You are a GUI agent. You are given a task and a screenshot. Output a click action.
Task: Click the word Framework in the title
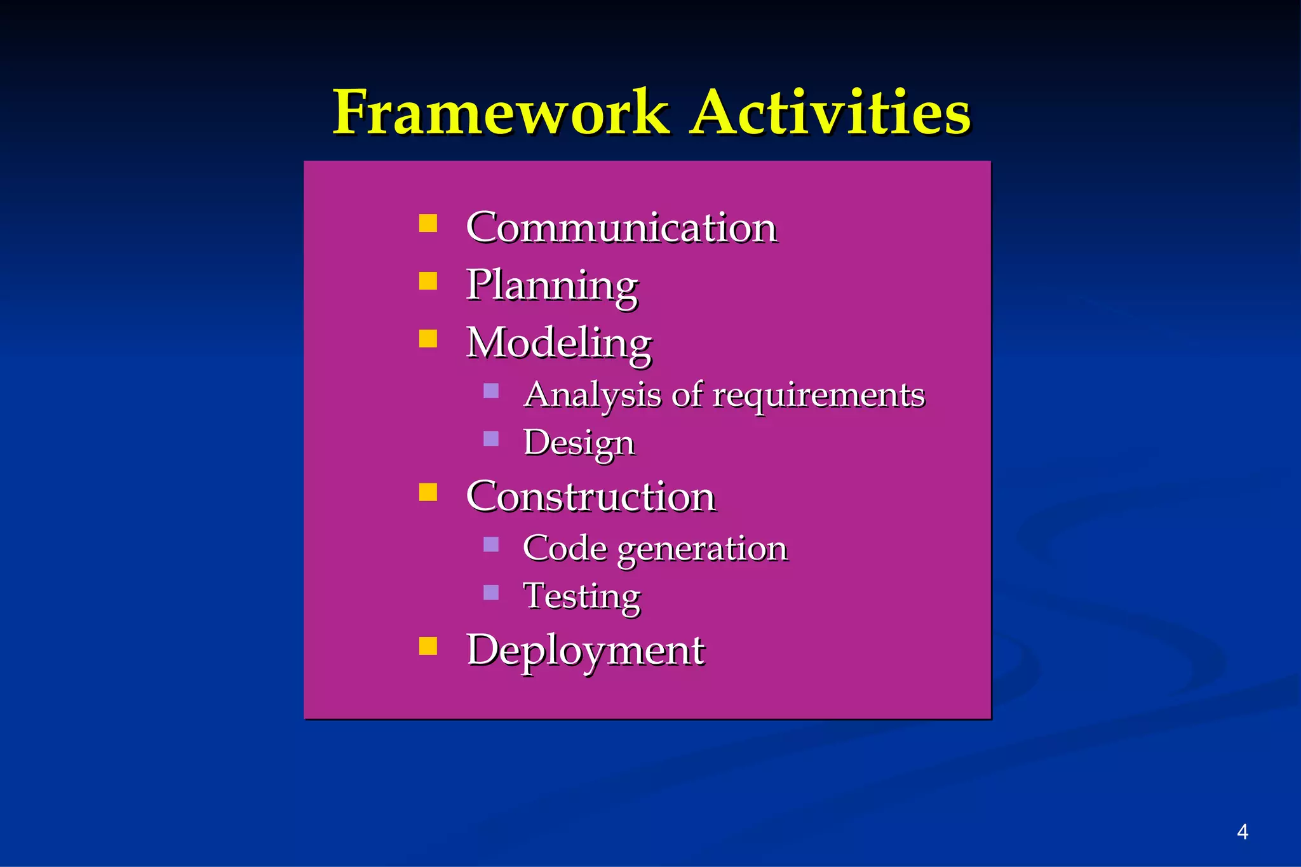pyautogui.click(x=501, y=113)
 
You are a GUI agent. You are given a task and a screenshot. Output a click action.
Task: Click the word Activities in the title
pyautogui.click(x=831, y=113)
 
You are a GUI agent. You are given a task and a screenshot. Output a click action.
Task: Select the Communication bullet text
pyautogui.click(x=621, y=227)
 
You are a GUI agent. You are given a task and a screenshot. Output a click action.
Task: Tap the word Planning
pyautogui.click(x=552, y=286)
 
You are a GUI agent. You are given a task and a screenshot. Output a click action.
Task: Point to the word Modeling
pyautogui.click(x=559, y=343)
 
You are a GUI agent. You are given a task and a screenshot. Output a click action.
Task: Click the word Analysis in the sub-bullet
pyautogui.click(x=592, y=395)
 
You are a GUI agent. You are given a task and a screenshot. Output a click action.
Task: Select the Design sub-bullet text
pyautogui.click(x=579, y=443)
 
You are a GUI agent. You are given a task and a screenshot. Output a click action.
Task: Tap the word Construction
pyautogui.click(x=591, y=496)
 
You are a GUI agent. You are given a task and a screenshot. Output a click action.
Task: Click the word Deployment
pyautogui.click(x=585, y=651)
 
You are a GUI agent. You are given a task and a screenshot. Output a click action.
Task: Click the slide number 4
pyautogui.click(x=1243, y=832)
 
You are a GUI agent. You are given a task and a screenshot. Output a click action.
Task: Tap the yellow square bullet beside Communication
pyautogui.click(x=428, y=224)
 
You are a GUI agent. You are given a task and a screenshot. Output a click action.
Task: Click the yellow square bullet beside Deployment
pyautogui.click(x=428, y=646)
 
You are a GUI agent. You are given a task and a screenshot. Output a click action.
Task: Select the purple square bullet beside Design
pyautogui.click(x=491, y=439)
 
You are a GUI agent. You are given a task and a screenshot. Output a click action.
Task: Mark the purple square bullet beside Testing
pyautogui.click(x=491, y=593)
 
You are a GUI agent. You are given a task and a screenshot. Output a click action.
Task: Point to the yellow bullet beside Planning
pyautogui.click(x=428, y=281)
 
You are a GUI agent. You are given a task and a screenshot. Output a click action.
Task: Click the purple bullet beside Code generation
pyautogui.click(x=491, y=544)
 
